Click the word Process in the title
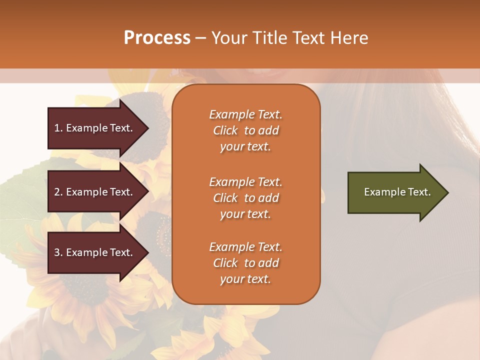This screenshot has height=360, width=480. tap(157, 38)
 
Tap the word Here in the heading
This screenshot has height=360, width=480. tap(348, 38)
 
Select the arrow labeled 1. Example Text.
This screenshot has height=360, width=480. tap(95, 128)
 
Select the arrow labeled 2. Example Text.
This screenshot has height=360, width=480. tap(95, 192)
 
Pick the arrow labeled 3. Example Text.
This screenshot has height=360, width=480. tap(95, 252)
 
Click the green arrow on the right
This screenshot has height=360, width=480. tap(395, 192)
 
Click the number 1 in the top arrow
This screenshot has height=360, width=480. tap(57, 128)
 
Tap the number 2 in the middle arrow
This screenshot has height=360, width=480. tap(57, 192)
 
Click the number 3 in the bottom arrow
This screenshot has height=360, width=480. tap(57, 252)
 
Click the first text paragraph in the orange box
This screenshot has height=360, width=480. tap(245, 130)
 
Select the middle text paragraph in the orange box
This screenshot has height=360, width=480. tap(245, 198)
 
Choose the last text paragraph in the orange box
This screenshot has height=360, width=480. tap(245, 263)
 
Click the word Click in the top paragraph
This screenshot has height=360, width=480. tap(225, 130)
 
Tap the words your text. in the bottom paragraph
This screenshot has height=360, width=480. tap(245, 279)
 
